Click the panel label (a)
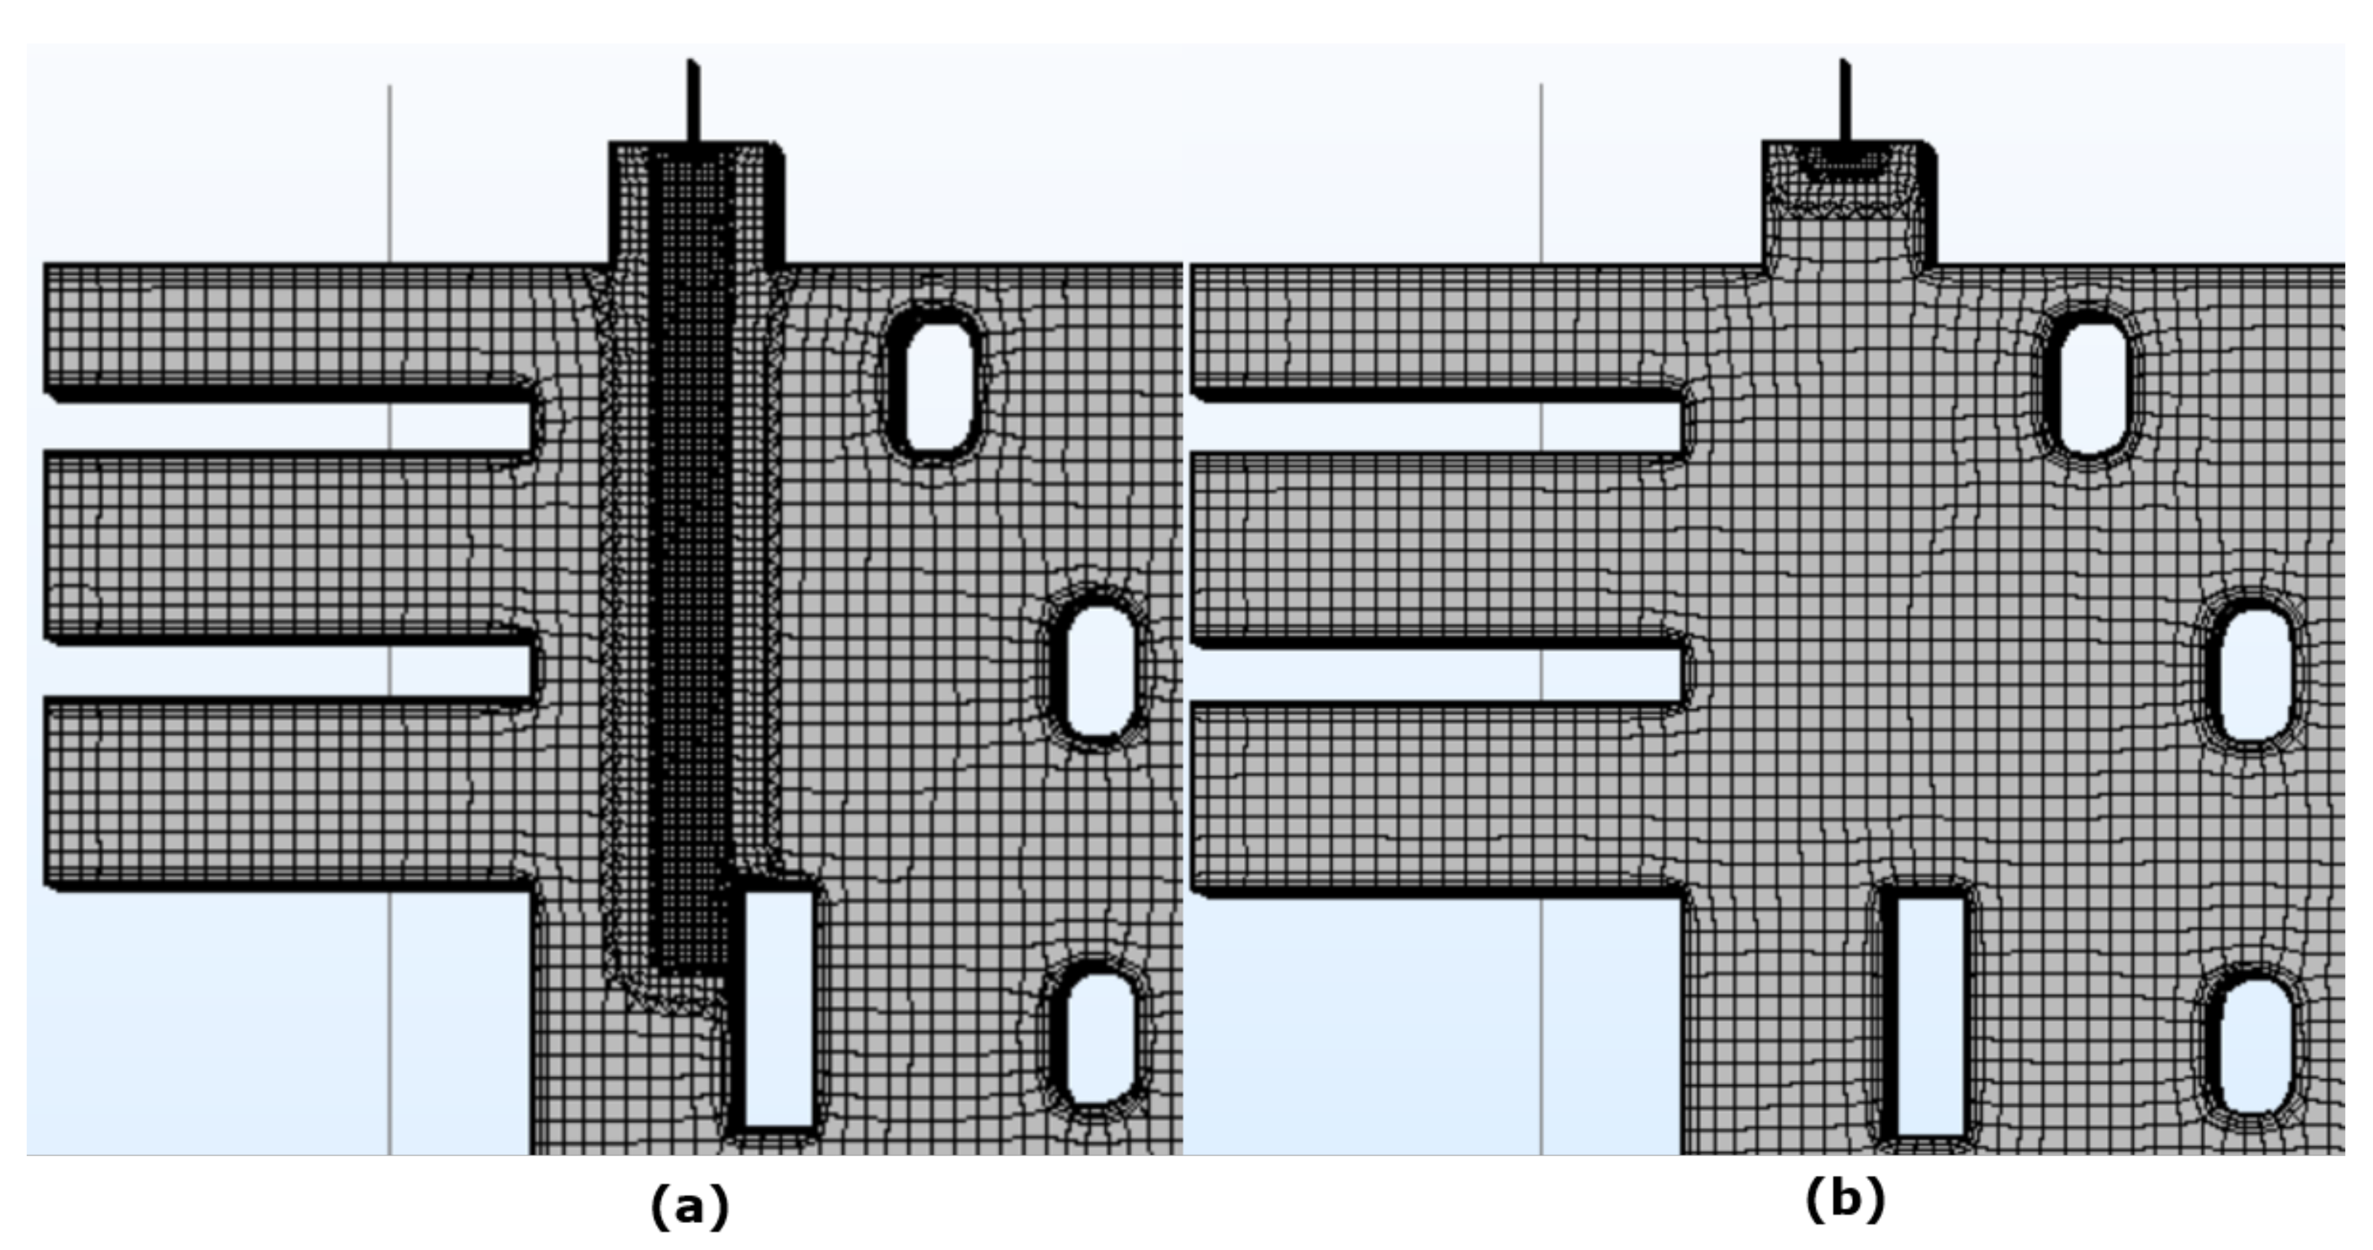click(689, 1206)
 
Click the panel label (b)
click(1845, 1201)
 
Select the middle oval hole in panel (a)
click(1096, 671)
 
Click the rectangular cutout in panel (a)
click(779, 1009)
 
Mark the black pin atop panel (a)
click(693, 101)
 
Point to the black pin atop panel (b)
click(1845, 101)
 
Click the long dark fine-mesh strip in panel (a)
click(691, 553)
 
